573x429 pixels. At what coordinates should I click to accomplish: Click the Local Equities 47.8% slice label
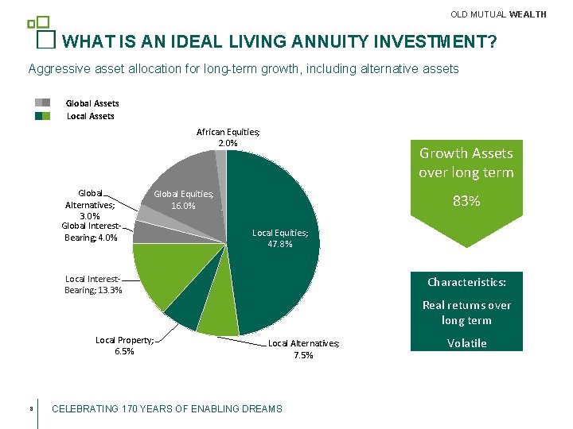point(279,238)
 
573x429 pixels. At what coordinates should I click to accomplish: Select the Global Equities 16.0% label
point(183,199)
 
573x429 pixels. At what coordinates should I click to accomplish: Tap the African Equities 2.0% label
point(228,137)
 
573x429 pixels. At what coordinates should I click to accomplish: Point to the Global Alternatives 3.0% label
point(89,204)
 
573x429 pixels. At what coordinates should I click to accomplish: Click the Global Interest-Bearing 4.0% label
point(89,232)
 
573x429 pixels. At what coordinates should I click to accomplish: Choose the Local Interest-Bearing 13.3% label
point(93,284)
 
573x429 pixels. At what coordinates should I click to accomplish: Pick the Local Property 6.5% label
point(124,346)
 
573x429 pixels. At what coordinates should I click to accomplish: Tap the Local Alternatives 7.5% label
point(303,349)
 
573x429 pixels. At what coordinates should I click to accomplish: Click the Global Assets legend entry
point(92,103)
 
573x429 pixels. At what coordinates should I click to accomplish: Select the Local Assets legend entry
point(90,116)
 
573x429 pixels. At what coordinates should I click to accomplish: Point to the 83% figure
point(466,202)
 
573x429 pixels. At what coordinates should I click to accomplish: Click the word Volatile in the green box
point(466,343)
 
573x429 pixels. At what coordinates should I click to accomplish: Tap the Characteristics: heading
point(466,282)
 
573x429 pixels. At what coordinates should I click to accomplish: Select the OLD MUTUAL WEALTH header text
point(498,14)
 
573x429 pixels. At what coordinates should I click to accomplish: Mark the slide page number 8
point(29,409)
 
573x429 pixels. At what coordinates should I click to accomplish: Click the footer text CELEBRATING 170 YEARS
point(166,409)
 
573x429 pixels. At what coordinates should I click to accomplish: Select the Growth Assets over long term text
point(466,163)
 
